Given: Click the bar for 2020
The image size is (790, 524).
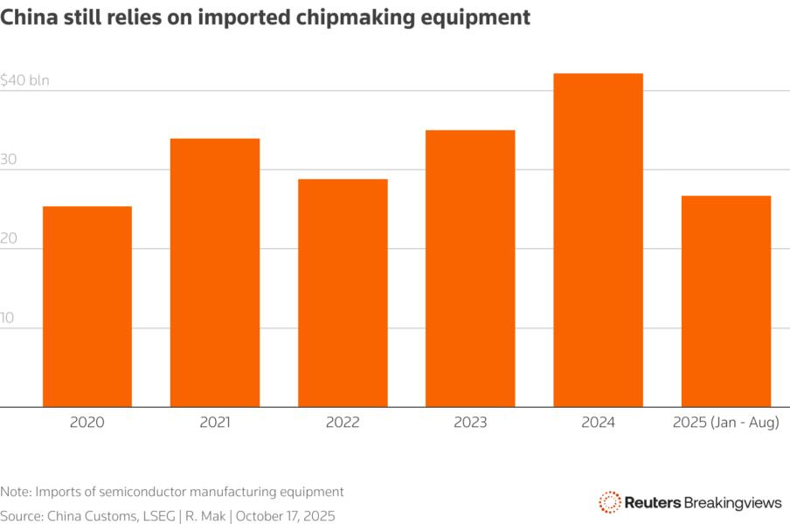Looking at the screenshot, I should pyautogui.click(x=87, y=306).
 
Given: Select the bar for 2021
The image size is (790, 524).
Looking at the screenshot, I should pyautogui.click(x=215, y=272).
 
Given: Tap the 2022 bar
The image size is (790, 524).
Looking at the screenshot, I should pyautogui.click(x=343, y=293).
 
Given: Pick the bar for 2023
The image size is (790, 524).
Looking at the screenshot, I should pyautogui.click(x=470, y=268).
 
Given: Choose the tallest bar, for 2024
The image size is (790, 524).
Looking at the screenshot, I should pyautogui.click(x=598, y=240).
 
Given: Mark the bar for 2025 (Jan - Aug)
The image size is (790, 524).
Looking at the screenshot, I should pyautogui.click(x=726, y=301).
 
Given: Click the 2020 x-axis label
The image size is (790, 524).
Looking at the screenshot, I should pyautogui.click(x=87, y=423).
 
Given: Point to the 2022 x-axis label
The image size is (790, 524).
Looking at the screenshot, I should pyautogui.click(x=343, y=423).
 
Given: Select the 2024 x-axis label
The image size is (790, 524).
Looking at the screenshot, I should pyautogui.click(x=598, y=423).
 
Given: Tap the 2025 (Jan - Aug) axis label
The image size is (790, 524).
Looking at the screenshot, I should pyautogui.click(x=726, y=423).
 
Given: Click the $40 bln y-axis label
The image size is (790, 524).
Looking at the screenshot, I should pyautogui.click(x=25, y=80).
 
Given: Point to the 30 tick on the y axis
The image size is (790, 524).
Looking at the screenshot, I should pyautogui.click(x=9, y=160).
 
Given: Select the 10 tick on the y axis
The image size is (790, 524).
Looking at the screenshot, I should pyautogui.click(x=8, y=318).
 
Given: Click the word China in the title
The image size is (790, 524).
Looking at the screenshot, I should pyautogui.click(x=27, y=17).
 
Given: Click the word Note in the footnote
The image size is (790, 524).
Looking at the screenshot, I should pyautogui.click(x=16, y=492).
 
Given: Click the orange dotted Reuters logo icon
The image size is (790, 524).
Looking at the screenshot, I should pyautogui.click(x=609, y=501).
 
